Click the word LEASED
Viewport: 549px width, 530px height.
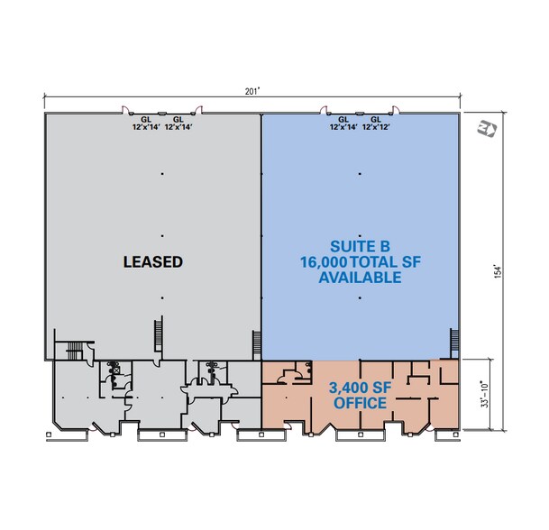[152, 262]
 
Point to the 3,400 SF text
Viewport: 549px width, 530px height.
[360, 388]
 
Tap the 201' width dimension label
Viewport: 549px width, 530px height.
[254, 90]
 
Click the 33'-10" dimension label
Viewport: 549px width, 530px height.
[488, 394]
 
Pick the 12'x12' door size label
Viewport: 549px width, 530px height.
[376, 128]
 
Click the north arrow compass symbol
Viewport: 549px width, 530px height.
[489, 130]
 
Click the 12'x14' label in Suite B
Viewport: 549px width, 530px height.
[343, 128]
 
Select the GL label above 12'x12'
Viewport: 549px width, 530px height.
[376, 119]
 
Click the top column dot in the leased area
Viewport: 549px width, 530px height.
[162, 173]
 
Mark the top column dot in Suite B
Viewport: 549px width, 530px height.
[361, 173]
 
